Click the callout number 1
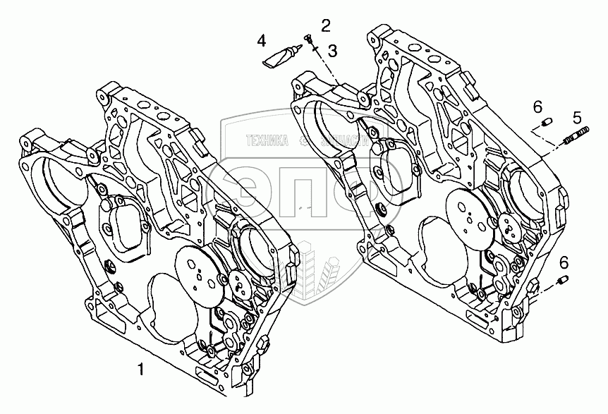pyautogui.click(x=141, y=367)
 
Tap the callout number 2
pyautogui.click(x=326, y=26)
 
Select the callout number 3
pyautogui.click(x=332, y=50)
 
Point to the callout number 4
pyautogui.click(x=262, y=41)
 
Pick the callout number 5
pyautogui.click(x=577, y=117)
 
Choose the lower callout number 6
pyautogui.click(x=563, y=263)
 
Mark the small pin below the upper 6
pyautogui.click(x=545, y=126)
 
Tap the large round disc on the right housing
pyautogui.click(x=468, y=214)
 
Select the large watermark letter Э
pyautogui.click(x=255, y=190)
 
